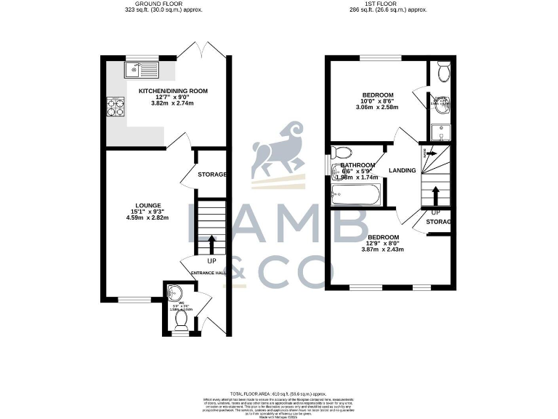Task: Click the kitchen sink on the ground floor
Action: (141, 71)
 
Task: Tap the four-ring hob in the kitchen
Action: (117, 106)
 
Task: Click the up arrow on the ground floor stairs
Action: (211, 243)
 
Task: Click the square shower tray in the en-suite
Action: (440, 132)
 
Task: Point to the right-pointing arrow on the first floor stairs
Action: (430, 153)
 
